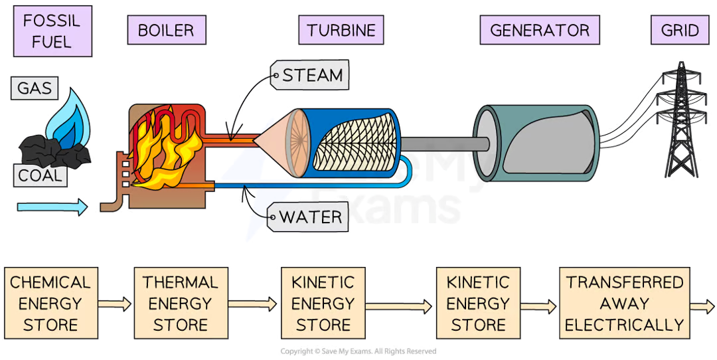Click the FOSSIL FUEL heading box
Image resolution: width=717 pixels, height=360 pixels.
point(51,29)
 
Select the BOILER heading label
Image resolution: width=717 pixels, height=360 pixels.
point(165,31)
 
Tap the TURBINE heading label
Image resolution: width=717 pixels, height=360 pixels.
point(341,31)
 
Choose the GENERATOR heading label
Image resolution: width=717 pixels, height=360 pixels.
point(539,31)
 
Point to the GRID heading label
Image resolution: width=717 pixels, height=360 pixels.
point(680,31)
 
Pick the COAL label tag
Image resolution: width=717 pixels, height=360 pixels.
point(39,176)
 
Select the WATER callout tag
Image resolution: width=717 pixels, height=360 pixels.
point(311,217)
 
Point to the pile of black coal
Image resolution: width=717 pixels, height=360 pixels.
point(56,151)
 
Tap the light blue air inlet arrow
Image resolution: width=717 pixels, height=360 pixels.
point(52,207)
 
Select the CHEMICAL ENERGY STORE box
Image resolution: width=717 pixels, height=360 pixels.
point(51,304)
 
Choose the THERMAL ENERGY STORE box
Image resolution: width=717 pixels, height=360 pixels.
point(180,304)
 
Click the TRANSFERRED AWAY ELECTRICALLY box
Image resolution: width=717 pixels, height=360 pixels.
point(624,304)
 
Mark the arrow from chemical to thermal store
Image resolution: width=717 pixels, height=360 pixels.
point(116,305)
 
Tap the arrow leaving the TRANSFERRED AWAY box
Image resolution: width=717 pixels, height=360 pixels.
point(702,305)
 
